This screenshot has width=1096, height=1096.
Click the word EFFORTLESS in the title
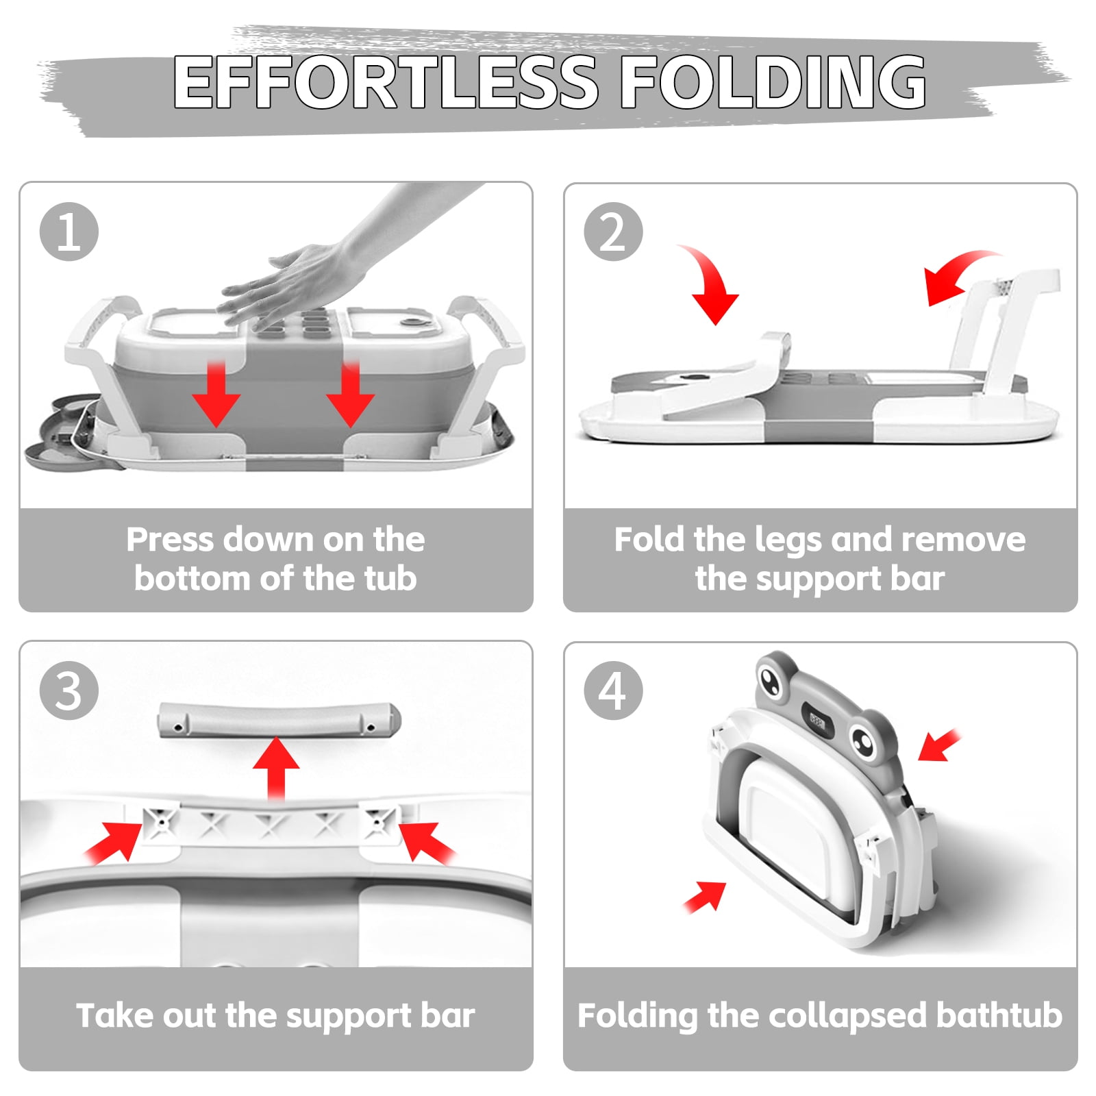point(386,82)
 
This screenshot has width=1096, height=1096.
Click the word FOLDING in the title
point(773,82)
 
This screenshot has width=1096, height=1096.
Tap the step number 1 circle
point(69,232)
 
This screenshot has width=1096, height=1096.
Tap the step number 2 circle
point(613,232)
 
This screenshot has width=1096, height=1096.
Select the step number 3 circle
point(69,690)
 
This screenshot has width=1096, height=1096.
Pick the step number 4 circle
point(613,690)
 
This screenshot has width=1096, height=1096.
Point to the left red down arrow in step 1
point(216,394)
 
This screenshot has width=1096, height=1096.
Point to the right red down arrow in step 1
point(350,394)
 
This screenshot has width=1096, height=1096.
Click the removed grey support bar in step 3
point(279,720)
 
